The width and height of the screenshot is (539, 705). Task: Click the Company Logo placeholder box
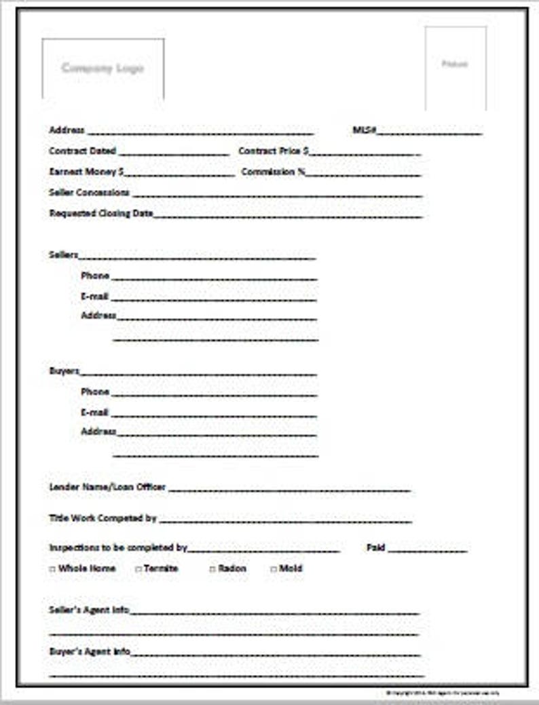click(103, 69)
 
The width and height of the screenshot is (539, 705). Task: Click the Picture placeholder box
click(455, 66)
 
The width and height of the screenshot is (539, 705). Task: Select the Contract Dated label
click(83, 151)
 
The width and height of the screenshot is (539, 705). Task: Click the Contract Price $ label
click(274, 151)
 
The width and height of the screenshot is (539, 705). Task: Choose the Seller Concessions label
click(89, 193)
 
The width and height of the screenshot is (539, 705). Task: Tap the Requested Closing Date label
click(101, 214)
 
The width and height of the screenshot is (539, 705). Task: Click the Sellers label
click(64, 255)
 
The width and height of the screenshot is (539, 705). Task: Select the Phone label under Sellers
click(95, 276)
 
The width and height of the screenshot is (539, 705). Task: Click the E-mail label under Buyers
click(94, 413)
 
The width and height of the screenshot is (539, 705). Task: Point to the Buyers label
click(64, 371)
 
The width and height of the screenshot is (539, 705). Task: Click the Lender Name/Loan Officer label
click(107, 487)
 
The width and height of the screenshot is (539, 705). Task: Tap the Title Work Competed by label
click(103, 518)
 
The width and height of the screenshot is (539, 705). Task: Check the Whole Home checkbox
click(52, 569)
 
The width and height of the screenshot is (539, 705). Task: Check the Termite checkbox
click(138, 569)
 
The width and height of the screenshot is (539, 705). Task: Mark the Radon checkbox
click(212, 569)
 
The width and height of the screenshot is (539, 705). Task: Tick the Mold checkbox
click(274, 569)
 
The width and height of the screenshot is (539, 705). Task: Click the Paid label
click(375, 548)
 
